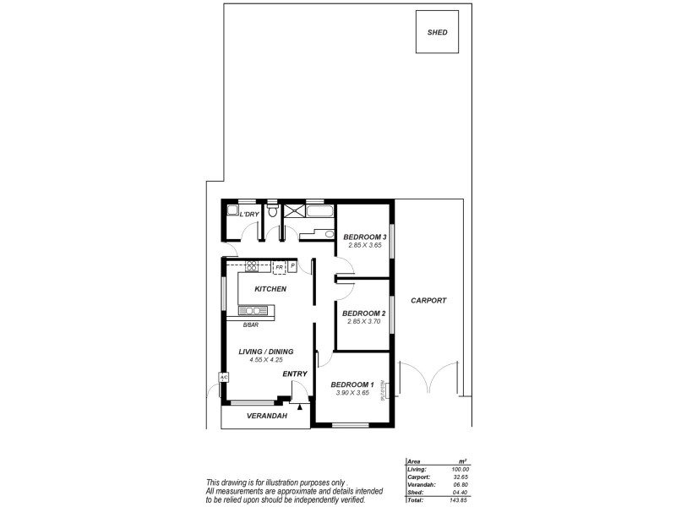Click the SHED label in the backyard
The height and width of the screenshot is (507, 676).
click(437, 33)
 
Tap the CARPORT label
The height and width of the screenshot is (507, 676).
click(428, 301)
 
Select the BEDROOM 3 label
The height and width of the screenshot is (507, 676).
click(364, 237)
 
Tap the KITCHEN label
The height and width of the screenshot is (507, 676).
click(270, 289)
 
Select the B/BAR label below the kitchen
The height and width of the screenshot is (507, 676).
click(251, 325)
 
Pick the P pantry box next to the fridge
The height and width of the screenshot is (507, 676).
click(292, 266)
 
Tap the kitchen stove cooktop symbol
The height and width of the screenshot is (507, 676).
click(251, 266)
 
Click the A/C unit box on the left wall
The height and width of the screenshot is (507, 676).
click(224, 378)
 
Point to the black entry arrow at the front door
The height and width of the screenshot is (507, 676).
click(299, 406)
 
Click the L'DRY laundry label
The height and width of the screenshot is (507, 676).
click(249, 215)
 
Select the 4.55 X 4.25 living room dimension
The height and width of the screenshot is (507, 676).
click(266, 360)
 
